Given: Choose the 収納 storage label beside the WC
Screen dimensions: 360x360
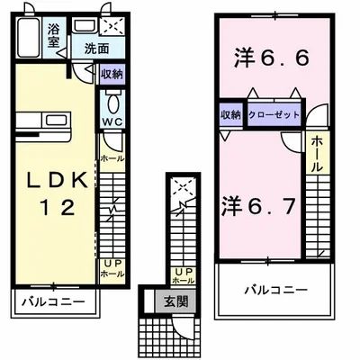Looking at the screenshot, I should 112,74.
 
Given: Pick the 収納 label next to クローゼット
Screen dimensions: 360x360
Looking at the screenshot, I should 229,114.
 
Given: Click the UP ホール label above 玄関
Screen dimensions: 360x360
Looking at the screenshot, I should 184,275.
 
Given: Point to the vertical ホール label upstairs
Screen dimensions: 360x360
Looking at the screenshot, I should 318,155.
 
